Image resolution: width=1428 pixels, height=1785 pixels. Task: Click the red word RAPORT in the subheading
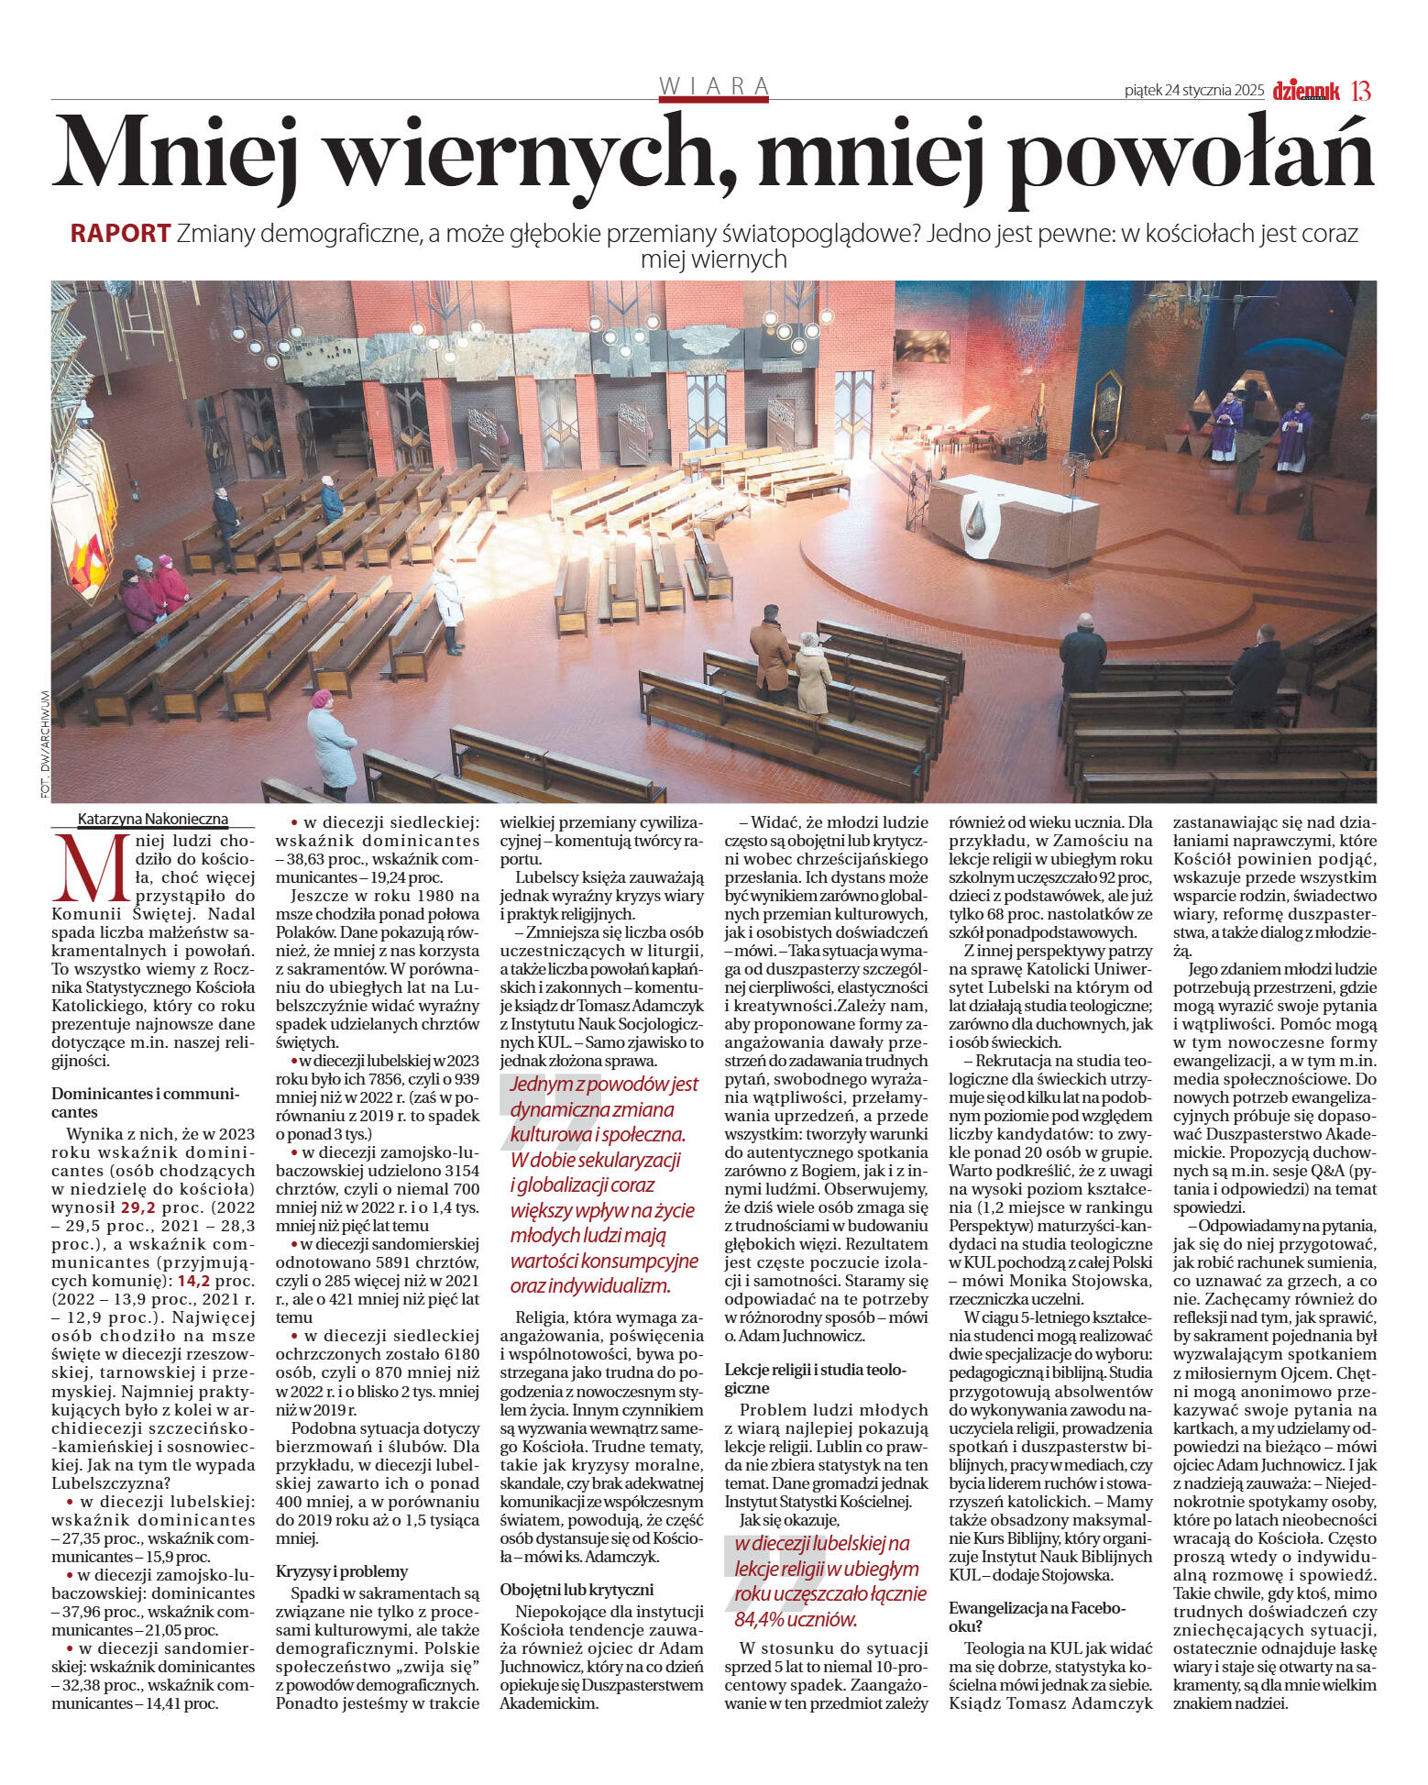[120, 234]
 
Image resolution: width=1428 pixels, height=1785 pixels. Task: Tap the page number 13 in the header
[1361, 91]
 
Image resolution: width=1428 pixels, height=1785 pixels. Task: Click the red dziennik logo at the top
[1306, 91]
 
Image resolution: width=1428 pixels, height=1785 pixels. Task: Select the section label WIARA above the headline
[714, 86]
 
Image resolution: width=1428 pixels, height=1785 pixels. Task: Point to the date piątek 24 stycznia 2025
[1194, 91]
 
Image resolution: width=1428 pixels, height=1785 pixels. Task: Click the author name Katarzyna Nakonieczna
[153, 819]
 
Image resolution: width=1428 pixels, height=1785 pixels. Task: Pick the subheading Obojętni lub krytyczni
[577, 1589]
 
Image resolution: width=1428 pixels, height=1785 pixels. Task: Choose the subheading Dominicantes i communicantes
[145, 1103]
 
